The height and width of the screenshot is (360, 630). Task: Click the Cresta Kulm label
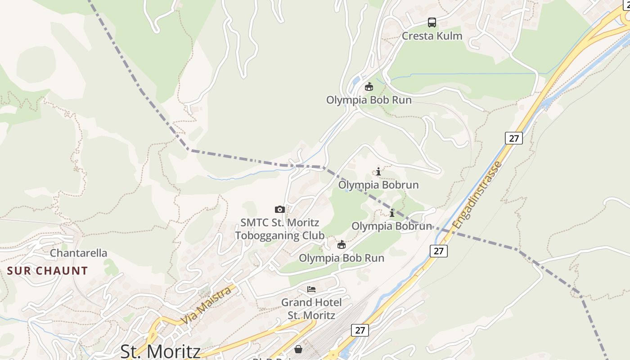coord(432,36)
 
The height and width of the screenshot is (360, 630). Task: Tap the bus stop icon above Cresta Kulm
coord(432,22)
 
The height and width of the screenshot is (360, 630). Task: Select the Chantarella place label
coord(79,253)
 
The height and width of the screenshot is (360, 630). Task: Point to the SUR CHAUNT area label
coord(48,271)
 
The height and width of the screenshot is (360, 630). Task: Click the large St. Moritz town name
coord(160,351)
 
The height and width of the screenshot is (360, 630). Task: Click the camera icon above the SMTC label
coord(280,209)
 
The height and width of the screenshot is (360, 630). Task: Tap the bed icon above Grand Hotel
coord(311,289)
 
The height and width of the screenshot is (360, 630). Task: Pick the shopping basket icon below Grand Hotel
coord(298,349)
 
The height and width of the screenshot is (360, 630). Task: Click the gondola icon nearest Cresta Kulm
coord(369,86)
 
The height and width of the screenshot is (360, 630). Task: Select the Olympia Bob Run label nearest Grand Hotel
coord(342,258)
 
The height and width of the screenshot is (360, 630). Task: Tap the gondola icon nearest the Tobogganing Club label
coord(342,244)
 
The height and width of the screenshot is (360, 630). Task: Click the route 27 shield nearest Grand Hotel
coord(360,330)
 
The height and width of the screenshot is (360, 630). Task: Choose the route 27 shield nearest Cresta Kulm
coord(514,138)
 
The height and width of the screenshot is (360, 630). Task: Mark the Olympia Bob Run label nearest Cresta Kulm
coord(369,100)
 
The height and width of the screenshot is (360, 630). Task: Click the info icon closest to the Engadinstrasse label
coord(392,213)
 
